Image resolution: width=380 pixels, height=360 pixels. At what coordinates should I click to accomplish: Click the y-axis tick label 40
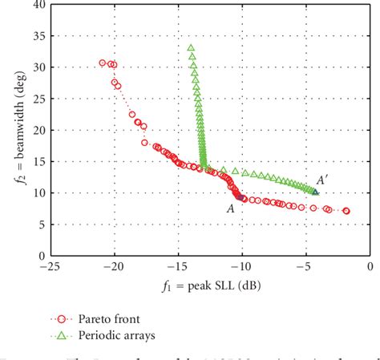pos(38,6)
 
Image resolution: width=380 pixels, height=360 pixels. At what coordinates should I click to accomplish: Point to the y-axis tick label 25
pos(38,99)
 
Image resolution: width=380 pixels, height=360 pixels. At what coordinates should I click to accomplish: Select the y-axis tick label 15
pos(38,161)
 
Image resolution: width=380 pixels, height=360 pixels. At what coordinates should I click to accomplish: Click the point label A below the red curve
pos(230,206)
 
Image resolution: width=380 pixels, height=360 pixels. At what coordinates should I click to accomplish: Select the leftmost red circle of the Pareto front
pos(103,63)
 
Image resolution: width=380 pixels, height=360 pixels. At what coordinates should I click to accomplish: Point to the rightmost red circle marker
pos(346,211)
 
